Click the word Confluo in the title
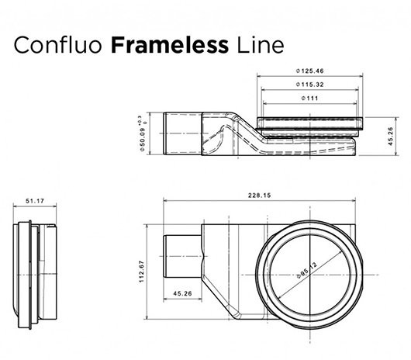(x=57, y=45)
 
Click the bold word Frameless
(x=170, y=45)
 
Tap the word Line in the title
(x=261, y=45)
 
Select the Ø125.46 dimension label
(x=310, y=71)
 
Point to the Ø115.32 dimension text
(x=310, y=85)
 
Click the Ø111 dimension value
(x=310, y=99)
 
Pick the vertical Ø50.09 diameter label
(x=143, y=138)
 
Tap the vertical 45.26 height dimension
(x=390, y=137)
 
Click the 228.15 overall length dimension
(x=259, y=196)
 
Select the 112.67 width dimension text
(x=142, y=272)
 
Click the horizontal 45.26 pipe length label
(x=182, y=293)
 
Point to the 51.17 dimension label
(x=35, y=201)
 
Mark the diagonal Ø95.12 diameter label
(x=307, y=270)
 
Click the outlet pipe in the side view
(x=183, y=133)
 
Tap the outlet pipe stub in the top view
(x=183, y=256)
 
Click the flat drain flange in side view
(x=310, y=123)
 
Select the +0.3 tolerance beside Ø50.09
(x=140, y=119)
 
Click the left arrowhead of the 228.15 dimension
(x=165, y=201)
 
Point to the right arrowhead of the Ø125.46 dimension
(x=361, y=76)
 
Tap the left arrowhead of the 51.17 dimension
(x=16, y=206)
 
